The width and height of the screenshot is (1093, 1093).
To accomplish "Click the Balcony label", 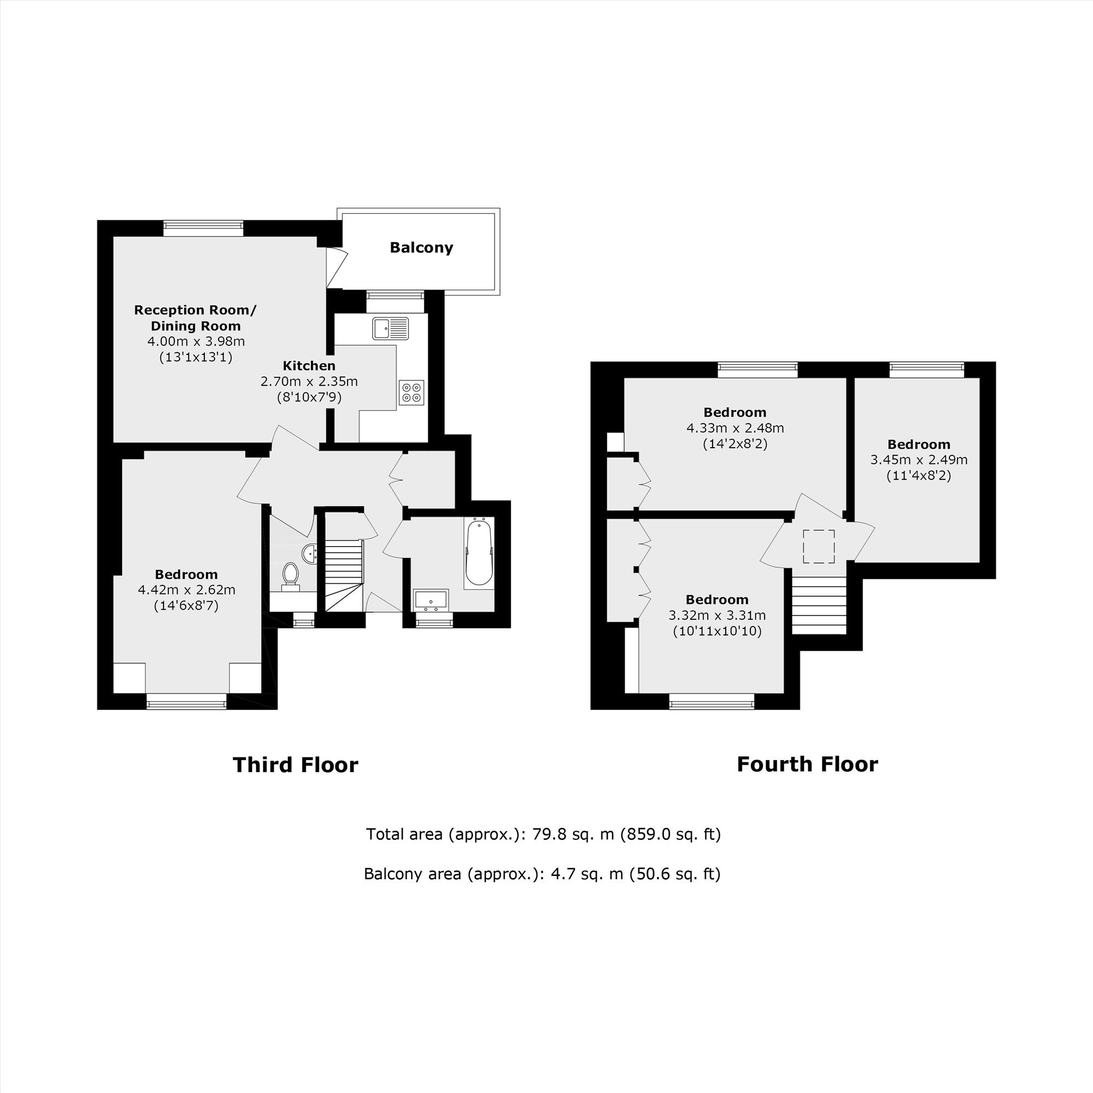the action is (x=421, y=248).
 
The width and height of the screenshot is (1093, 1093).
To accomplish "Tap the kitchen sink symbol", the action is (x=390, y=328).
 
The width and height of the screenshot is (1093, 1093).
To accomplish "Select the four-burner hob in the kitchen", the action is (x=412, y=392).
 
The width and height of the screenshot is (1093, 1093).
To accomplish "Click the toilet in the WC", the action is (x=291, y=576).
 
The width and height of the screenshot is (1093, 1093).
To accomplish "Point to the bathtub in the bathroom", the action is (x=479, y=553).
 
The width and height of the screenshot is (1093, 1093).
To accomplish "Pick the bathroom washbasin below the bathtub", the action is (x=431, y=600).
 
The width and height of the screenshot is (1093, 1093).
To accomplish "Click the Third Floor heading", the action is (x=295, y=765).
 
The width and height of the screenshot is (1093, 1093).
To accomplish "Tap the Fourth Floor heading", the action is (x=807, y=765).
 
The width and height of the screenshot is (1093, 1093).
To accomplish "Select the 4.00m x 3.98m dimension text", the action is (x=196, y=342).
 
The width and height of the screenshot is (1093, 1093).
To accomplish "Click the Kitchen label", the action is (x=309, y=366).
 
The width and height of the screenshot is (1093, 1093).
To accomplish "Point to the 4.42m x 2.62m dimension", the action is (x=187, y=590).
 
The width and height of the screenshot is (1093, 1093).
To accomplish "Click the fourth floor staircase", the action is (x=819, y=606).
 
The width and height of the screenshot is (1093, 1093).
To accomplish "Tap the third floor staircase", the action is (x=343, y=575).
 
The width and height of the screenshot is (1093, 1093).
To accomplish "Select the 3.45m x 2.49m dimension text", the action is (x=919, y=460).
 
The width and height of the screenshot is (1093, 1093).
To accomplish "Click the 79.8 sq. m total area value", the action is (x=573, y=835).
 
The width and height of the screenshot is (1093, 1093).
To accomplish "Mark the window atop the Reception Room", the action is (x=203, y=228).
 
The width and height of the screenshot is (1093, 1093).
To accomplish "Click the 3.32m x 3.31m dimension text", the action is (x=717, y=615).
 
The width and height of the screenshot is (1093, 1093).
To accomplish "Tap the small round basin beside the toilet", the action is (x=309, y=553).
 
